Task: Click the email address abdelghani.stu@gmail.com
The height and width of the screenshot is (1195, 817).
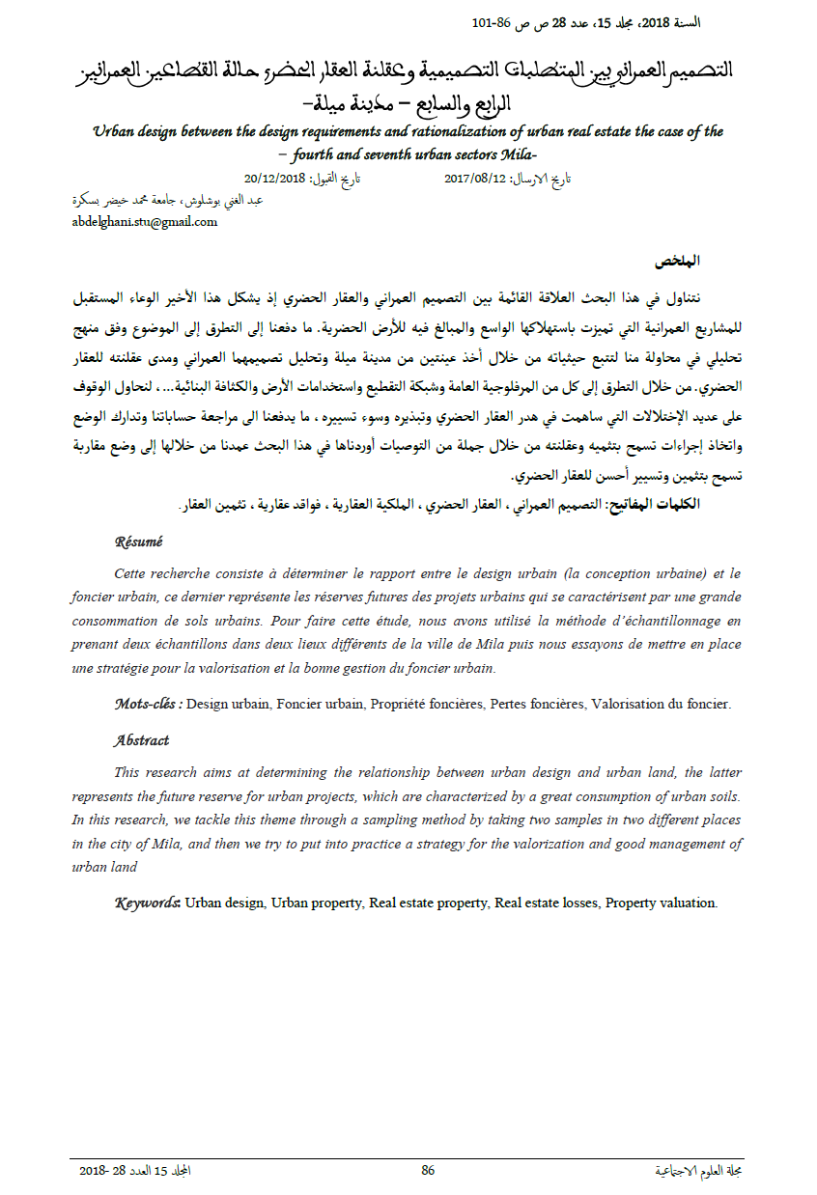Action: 145,221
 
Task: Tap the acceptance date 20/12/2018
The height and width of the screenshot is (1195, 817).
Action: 276,179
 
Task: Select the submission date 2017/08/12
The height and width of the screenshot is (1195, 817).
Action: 475,179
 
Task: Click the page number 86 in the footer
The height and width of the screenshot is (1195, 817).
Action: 428,1170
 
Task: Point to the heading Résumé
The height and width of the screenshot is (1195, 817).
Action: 139,542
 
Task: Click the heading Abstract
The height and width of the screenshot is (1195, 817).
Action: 141,740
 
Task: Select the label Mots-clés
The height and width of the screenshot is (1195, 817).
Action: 148,705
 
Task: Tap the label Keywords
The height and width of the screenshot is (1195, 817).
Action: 148,903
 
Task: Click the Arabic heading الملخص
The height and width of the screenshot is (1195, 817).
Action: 677,262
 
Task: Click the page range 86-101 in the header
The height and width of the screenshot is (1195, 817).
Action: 492,21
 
